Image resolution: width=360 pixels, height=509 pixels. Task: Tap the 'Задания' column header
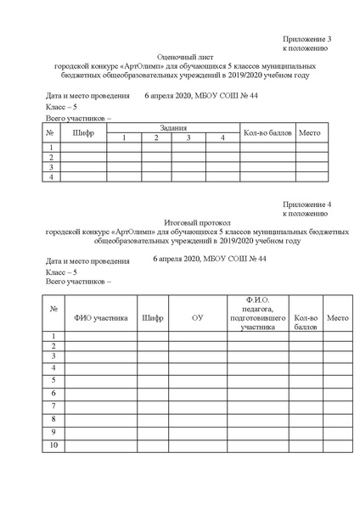[x=172, y=127]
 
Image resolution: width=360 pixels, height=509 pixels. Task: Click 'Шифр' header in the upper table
[x=84, y=132]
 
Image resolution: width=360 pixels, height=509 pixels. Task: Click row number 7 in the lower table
[x=53, y=407]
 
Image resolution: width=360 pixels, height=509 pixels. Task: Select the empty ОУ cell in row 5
[x=197, y=382]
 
